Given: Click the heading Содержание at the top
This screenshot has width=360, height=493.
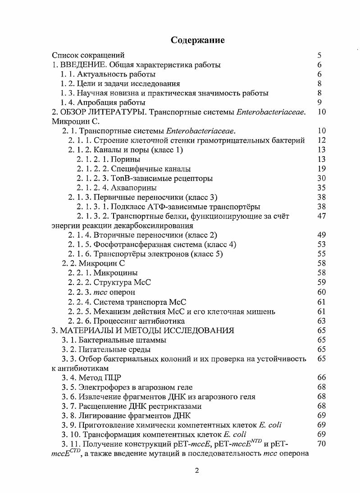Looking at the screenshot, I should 198,40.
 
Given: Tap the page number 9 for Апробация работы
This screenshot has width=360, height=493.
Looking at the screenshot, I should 319,103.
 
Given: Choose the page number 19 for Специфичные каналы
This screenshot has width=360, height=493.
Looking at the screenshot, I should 321,169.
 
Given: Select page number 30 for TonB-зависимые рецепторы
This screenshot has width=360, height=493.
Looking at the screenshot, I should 321,178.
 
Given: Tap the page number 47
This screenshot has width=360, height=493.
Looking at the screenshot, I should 321,216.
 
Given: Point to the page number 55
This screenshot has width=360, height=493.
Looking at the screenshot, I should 321,254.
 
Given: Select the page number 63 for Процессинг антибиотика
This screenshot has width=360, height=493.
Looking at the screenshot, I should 321,321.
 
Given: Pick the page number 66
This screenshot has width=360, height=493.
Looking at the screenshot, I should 321,378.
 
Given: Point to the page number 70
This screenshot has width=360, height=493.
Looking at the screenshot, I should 321,444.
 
